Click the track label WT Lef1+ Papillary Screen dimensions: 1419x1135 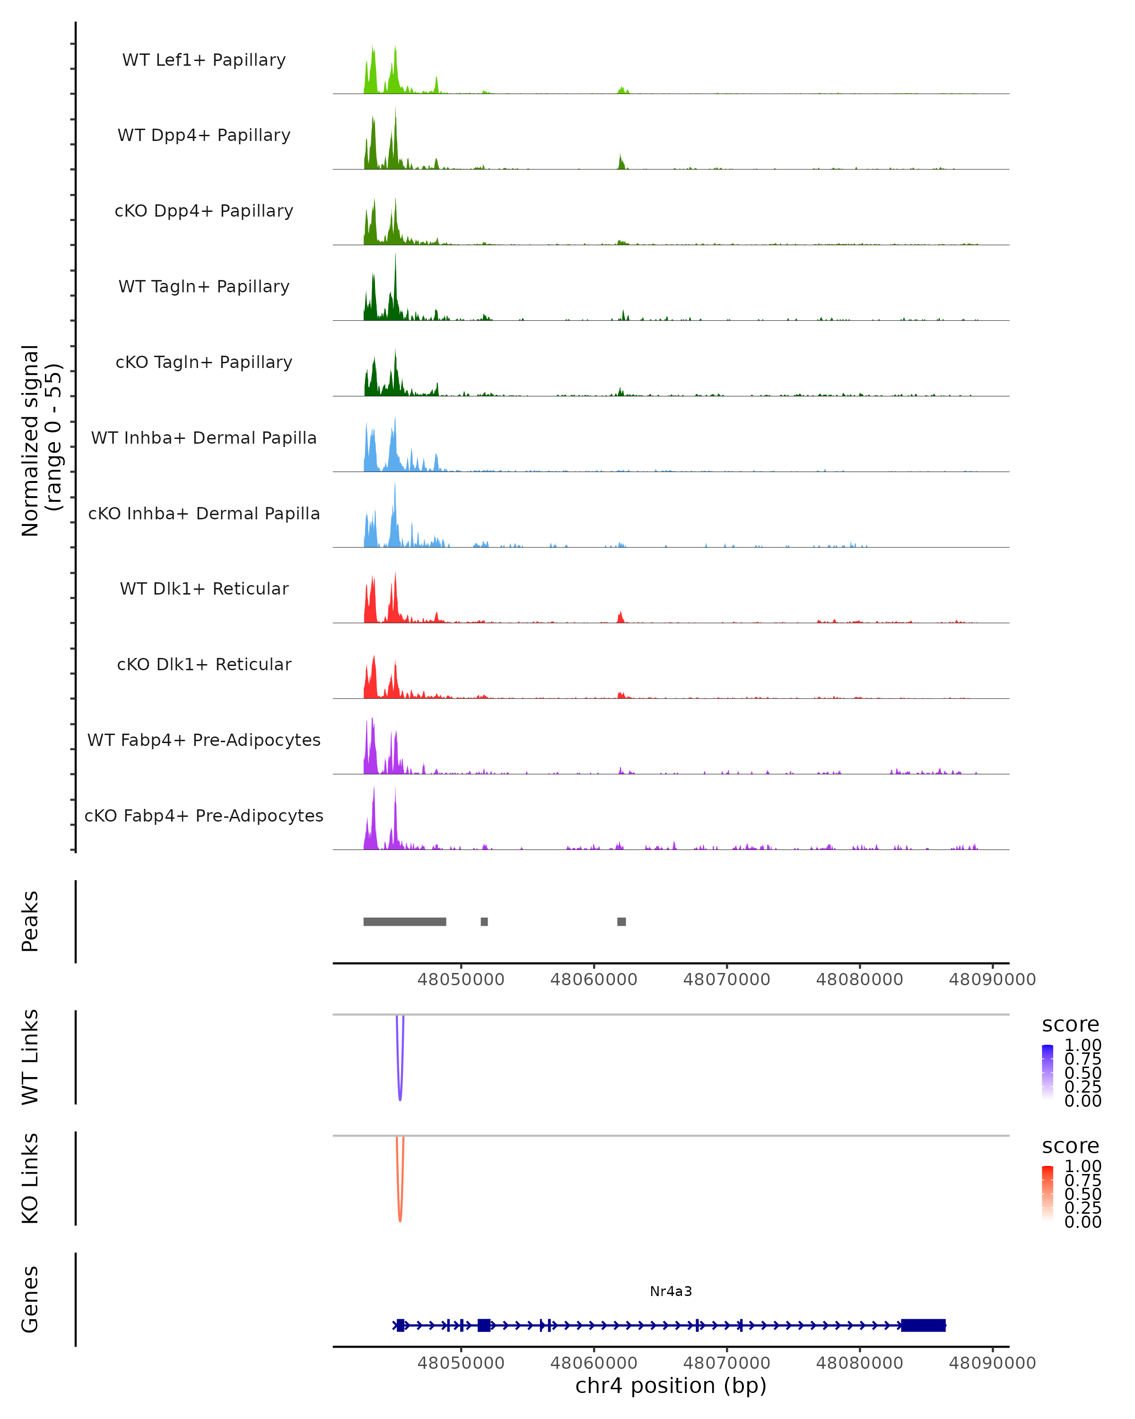click(x=204, y=60)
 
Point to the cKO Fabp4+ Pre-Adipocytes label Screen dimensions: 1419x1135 click(x=204, y=815)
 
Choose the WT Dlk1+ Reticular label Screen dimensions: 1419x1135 click(x=204, y=588)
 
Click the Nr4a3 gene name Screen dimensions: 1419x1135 click(x=671, y=1291)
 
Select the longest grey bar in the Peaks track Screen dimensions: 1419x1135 click(x=405, y=921)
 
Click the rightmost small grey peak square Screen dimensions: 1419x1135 click(x=621, y=921)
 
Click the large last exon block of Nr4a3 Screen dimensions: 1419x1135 click(x=923, y=1325)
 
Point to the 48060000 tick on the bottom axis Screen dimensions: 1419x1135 click(x=594, y=1363)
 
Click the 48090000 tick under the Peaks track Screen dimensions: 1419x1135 click(x=992, y=980)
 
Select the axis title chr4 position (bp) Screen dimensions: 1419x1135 click(x=671, y=1386)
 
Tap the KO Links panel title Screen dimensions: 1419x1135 click(x=30, y=1178)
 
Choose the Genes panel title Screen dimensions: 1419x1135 click(x=30, y=1299)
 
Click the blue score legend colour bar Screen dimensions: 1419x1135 click(x=1048, y=1072)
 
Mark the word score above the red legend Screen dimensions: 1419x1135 click(x=1071, y=1146)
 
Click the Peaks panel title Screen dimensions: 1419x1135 click(x=30, y=921)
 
